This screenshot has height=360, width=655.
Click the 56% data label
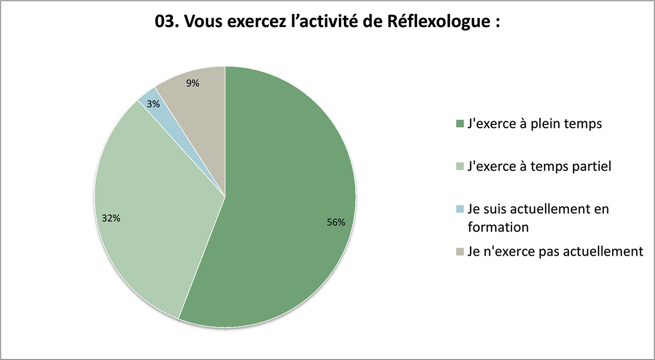point(337,222)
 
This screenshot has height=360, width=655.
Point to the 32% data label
point(111,218)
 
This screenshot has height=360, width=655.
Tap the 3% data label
point(153,104)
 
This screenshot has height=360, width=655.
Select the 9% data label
point(192,83)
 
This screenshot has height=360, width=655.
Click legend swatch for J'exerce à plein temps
point(460,123)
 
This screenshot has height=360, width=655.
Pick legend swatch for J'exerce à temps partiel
point(460,166)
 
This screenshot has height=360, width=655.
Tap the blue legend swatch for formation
point(460,209)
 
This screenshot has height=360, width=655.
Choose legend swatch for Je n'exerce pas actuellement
point(460,251)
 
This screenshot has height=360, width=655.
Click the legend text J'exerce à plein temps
point(535,123)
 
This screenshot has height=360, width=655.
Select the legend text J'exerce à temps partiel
point(539,166)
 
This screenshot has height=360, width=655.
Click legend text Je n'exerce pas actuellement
point(555,251)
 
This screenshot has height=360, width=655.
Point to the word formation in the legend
point(498,227)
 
